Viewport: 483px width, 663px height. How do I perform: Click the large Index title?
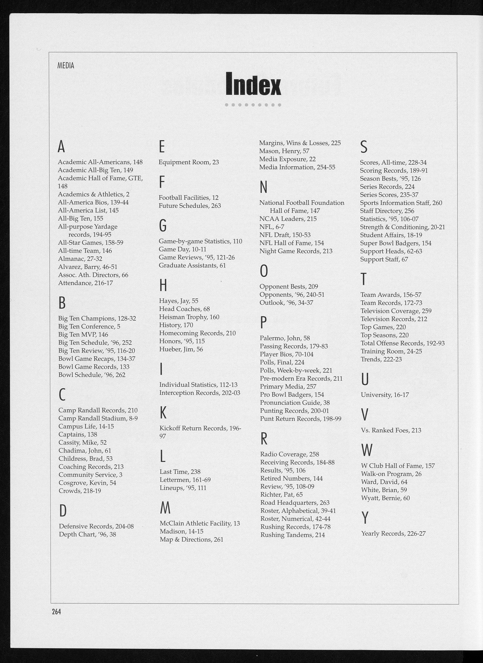[254, 84]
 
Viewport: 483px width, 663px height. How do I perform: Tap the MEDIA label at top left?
[66, 66]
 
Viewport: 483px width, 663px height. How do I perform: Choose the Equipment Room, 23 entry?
[189, 162]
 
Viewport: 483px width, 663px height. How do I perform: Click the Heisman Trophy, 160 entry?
[189, 317]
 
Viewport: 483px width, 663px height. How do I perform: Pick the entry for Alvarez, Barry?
[87, 267]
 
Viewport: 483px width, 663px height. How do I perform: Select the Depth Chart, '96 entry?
[87, 534]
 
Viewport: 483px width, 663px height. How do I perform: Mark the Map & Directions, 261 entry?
[191, 539]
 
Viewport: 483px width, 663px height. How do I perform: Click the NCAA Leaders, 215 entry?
[288, 219]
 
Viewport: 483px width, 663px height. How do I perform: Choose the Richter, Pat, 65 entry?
[281, 495]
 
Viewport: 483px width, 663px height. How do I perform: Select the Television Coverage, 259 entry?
[396, 311]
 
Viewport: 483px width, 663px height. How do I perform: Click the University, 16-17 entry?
[385, 395]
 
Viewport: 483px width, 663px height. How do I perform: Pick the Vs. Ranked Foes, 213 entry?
[391, 430]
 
